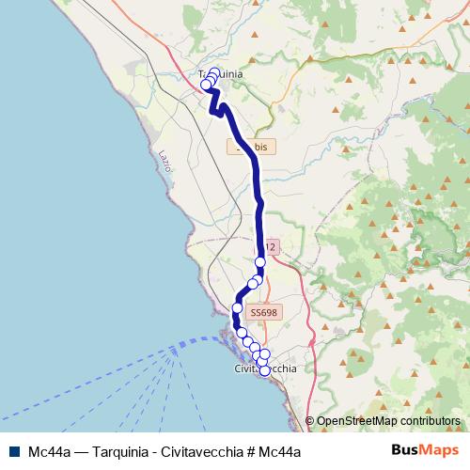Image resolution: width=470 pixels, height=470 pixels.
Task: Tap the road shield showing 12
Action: pos(270,247)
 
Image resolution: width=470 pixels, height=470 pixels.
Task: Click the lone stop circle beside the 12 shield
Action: pos(260,262)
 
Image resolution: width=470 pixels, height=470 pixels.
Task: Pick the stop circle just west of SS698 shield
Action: pos(237,307)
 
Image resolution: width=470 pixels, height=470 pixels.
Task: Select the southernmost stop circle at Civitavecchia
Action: pos(264,370)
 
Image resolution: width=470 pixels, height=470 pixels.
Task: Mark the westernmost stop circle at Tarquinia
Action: pos(206,85)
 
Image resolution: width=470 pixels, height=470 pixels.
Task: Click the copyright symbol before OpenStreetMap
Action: pos(310,421)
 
